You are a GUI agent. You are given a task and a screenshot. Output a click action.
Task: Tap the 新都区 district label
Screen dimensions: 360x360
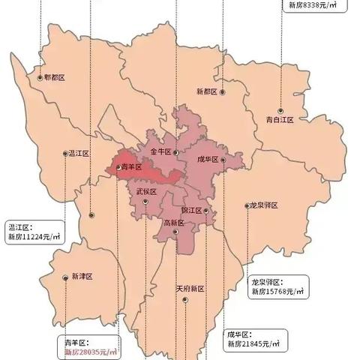(205, 91)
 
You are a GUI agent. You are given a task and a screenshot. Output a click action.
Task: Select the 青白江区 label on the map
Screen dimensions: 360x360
(280, 118)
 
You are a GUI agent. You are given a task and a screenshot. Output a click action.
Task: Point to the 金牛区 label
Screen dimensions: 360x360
(160, 151)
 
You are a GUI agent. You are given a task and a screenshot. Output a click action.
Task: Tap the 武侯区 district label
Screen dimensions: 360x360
(146, 192)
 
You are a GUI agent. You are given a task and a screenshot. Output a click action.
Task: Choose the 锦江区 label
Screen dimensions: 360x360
(191, 211)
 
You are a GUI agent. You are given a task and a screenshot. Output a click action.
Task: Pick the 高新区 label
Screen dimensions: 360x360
(173, 222)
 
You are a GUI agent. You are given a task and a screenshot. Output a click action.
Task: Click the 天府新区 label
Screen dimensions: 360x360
(190, 288)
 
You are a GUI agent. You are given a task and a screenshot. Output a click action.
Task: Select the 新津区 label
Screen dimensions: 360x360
(82, 277)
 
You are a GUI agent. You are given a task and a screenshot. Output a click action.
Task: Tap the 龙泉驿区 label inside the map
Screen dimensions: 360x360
(264, 205)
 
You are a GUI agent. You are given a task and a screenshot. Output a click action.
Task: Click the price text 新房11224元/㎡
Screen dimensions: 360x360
(34, 237)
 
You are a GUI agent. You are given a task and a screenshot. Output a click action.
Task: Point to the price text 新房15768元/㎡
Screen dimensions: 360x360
(278, 291)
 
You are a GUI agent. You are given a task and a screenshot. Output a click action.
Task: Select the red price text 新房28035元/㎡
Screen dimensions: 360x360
(91, 351)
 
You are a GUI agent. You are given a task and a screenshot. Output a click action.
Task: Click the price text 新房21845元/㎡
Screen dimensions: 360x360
(253, 343)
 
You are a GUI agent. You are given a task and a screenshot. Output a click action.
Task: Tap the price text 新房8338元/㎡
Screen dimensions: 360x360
(313, 4)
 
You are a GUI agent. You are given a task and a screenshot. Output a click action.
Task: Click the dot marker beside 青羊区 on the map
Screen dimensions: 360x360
(118, 166)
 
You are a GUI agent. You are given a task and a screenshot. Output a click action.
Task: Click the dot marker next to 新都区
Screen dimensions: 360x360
(223, 91)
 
